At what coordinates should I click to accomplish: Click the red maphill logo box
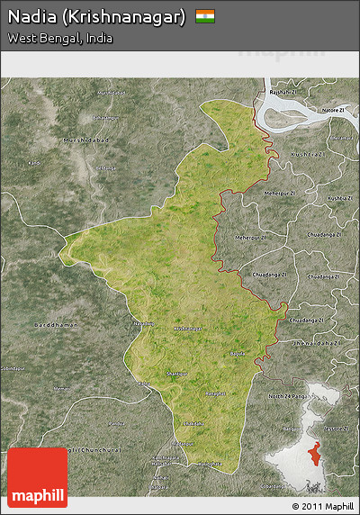pos(37,477)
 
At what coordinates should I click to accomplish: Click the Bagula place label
pos(237,354)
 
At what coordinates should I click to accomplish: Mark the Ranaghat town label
pos(215,393)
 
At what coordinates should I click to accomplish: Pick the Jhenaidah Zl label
pos(320,343)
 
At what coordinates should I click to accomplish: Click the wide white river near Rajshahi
pos(297,114)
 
